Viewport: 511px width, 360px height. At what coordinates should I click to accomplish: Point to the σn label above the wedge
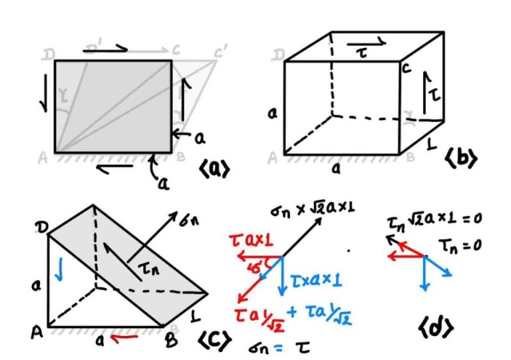click(x=188, y=219)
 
